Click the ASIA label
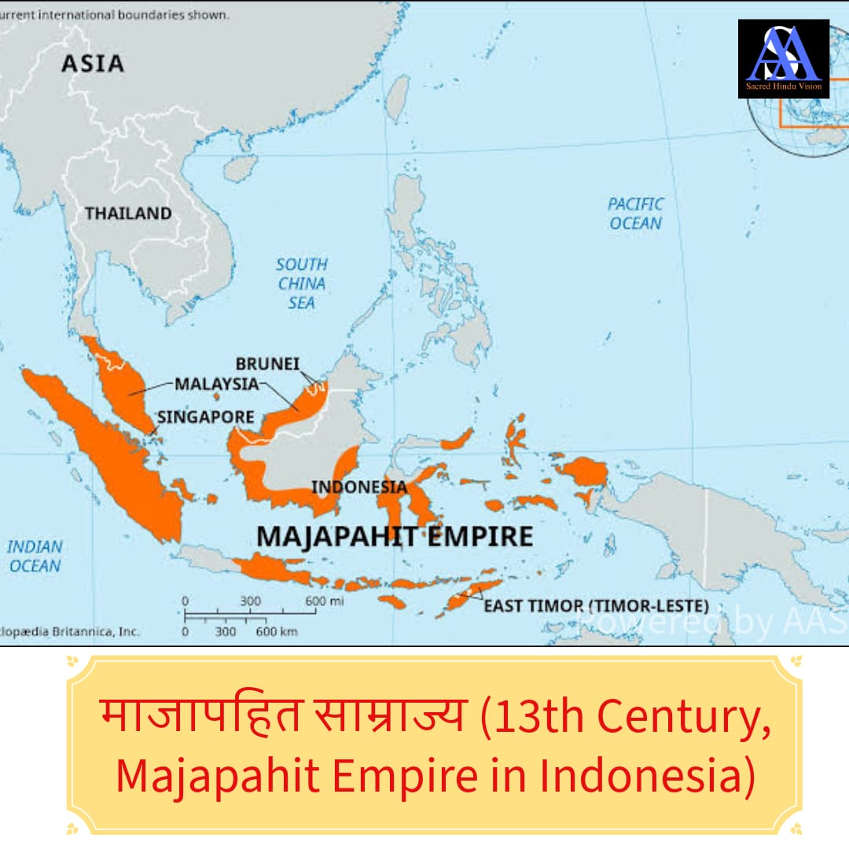[93, 63]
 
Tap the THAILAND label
[128, 213]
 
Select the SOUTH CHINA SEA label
[302, 283]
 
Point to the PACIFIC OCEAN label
[636, 213]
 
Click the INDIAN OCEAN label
[35, 556]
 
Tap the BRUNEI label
[267, 365]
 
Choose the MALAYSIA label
[216, 384]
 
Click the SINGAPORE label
[206, 417]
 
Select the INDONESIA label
[359, 487]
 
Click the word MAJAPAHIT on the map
[337, 536]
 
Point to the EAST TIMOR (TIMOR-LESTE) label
[596, 606]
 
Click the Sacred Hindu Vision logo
[783, 59]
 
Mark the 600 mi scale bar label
[314, 601]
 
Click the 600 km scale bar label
[277, 631]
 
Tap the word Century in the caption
[670, 716]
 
